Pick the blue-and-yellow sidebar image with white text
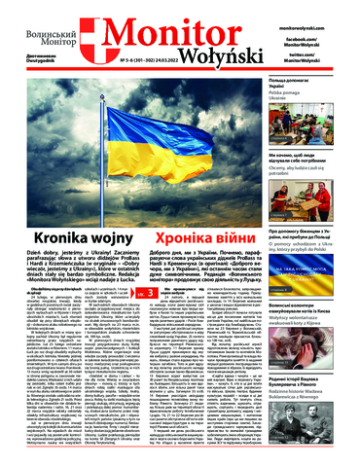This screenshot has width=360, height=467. [321, 259]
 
